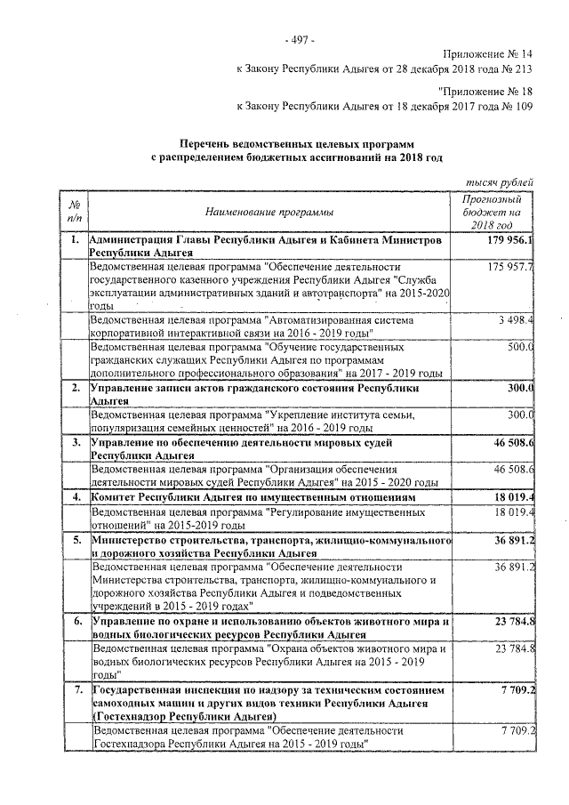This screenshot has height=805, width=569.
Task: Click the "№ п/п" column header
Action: click(76, 213)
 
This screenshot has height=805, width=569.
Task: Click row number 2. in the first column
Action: click(76, 388)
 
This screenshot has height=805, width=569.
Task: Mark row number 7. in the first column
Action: click(76, 689)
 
